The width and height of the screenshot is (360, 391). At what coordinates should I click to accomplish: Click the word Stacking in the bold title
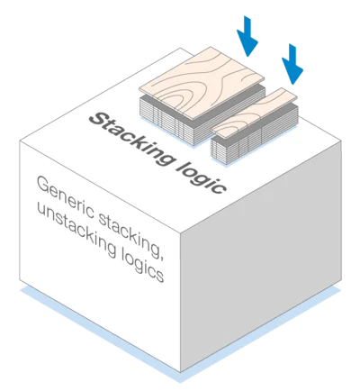[132, 138]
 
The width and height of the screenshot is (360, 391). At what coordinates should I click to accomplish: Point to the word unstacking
[76, 232]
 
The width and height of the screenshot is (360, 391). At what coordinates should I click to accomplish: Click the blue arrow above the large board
[247, 36]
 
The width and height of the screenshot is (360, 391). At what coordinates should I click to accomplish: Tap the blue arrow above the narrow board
[292, 64]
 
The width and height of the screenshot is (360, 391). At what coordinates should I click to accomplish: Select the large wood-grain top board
[202, 84]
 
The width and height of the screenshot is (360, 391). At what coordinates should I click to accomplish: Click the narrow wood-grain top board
[254, 112]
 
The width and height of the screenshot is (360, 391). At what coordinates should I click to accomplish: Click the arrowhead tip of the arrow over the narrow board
[293, 85]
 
